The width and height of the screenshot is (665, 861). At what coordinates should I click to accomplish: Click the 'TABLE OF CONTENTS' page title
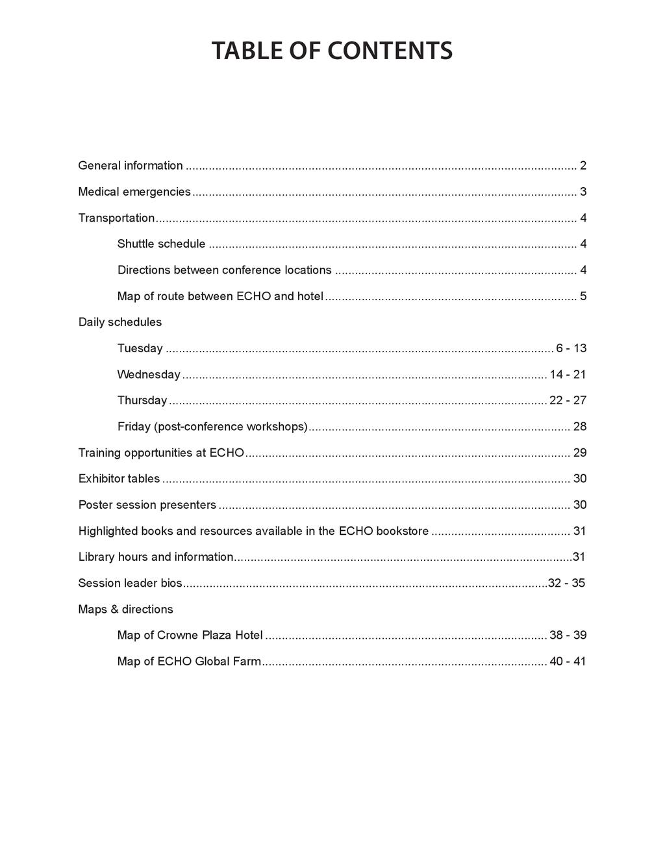pos(332,51)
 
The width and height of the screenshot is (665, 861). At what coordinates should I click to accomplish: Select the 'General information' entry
pos(131,166)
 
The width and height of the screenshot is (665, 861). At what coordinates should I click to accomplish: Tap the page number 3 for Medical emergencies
pos(583,192)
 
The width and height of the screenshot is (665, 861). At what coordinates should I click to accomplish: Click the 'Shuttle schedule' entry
pos(161,244)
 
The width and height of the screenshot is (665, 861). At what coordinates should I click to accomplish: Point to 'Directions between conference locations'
pos(224,270)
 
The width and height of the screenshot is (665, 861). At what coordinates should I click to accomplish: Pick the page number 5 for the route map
pos(583,296)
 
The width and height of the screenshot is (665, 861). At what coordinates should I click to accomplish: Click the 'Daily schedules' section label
pos(120,322)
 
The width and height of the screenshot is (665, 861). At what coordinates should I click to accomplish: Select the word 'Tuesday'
pos(140,348)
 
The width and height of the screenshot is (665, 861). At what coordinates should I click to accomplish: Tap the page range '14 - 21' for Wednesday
pos(568,374)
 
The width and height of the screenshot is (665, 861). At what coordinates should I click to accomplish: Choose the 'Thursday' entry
pos(142,400)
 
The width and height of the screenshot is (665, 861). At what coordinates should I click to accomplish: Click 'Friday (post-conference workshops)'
pos(212,427)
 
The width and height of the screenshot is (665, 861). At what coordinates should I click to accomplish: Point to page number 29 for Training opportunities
pos(580,453)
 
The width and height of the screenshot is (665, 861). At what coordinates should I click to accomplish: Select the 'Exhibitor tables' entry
pos(119,479)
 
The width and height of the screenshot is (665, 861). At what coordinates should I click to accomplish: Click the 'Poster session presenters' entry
pos(147,505)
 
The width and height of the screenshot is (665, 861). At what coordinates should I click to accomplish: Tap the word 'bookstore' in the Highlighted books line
pos(403,531)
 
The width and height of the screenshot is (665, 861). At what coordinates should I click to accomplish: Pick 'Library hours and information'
pos(156,557)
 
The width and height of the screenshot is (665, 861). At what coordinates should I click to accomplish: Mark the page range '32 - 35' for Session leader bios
pos(566,583)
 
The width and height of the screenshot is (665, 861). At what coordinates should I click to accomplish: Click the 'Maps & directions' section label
pos(125,610)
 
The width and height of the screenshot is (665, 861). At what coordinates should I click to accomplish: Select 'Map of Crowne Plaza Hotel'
pos(190,636)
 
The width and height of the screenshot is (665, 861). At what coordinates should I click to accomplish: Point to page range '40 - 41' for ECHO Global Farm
pos(568,662)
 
